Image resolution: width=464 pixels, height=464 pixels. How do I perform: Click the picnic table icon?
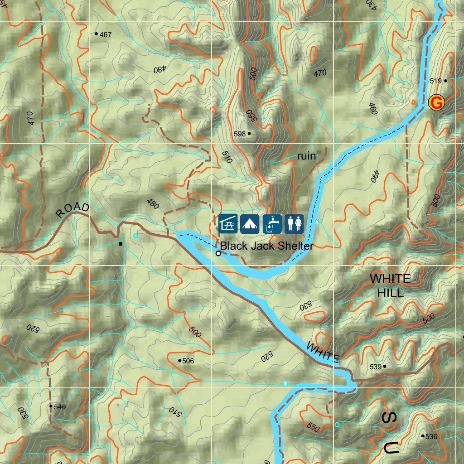click(228, 224)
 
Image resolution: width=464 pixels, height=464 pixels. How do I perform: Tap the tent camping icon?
click(250, 224)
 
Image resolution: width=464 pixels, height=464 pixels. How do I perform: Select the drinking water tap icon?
click(272, 224)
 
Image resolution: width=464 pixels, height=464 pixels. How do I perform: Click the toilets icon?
click(294, 224)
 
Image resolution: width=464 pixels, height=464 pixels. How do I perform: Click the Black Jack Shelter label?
click(266, 246)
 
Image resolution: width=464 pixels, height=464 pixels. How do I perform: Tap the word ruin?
click(306, 156)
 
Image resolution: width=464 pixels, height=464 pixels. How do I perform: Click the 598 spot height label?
click(240, 134)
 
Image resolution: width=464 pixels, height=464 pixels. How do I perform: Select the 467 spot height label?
click(106, 34)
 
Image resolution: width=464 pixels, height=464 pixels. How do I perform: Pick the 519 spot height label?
click(435, 81)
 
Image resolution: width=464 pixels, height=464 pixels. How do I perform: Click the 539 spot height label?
click(375, 367)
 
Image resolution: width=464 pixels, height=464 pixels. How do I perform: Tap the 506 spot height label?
click(188, 361)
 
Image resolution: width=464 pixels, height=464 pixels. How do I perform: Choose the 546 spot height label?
click(60, 406)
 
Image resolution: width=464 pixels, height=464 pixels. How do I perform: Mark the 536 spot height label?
click(431, 437)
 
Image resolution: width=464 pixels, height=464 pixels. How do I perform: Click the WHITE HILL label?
click(390, 285)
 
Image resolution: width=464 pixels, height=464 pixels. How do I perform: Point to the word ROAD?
click(72, 210)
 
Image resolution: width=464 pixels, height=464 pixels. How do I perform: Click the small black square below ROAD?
click(121, 244)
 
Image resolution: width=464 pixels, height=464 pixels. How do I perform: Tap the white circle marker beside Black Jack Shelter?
click(218, 253)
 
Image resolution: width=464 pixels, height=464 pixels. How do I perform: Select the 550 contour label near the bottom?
click(313, 426)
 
